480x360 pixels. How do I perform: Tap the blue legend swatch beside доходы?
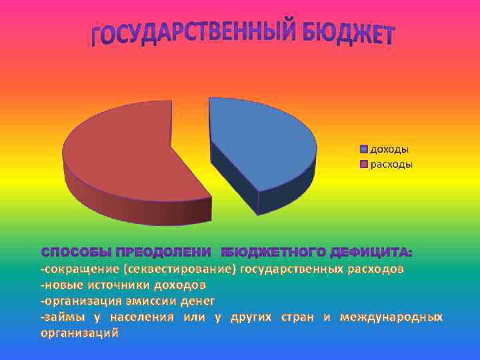364,149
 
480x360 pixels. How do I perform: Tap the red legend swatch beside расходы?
364,164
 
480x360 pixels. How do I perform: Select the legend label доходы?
389,149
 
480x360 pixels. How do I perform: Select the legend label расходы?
391,164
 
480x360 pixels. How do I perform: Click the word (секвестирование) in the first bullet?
181,269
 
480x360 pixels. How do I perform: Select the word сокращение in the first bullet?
80,269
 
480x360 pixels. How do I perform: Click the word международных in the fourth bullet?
391,317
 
